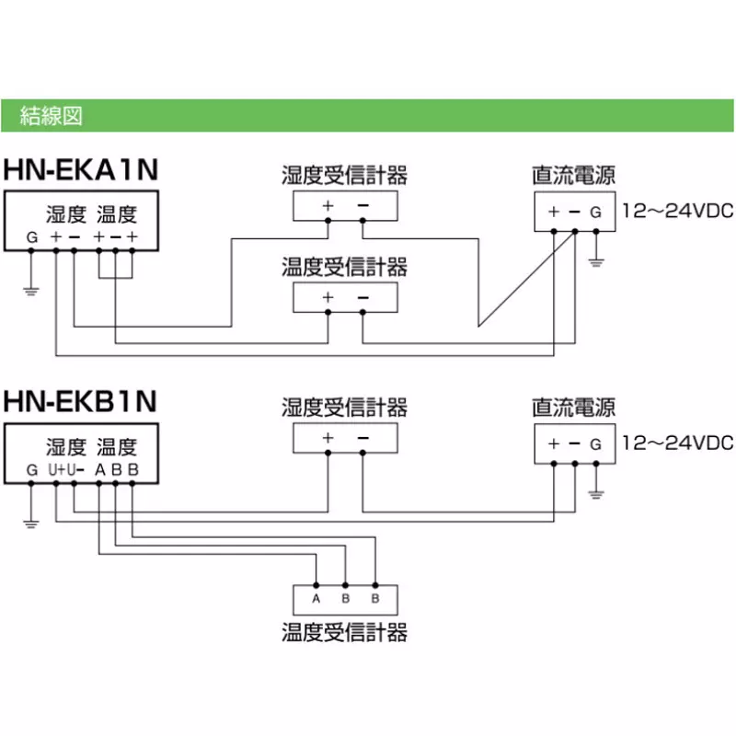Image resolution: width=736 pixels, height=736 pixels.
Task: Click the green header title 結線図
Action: pyautogui.click(x=52, y=116)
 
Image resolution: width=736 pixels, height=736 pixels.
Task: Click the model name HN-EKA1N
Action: pyautogui.click(x=81, y=169)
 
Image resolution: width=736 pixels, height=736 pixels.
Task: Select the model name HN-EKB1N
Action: pyautogui.click(x=80, y=401)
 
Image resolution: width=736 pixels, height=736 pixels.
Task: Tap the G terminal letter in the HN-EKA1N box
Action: pyautogui.click(x=32, y=237)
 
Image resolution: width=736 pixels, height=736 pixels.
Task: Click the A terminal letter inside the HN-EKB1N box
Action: pyautogui.click(x=100, y=469)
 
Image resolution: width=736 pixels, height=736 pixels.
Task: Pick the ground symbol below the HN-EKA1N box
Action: pyautogui.click(x=31, y=291)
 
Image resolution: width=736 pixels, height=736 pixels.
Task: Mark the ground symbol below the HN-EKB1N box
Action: pyautogui.click(x=31, y=523)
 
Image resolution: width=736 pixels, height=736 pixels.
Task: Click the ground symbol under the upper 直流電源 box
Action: pyautogui.click(x=596, y=262)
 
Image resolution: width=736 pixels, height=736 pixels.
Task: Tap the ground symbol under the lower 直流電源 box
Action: pyautogui.click(x=596, y=494)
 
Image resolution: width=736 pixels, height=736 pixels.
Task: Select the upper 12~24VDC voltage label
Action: pyautogui.click(x=678, y=211)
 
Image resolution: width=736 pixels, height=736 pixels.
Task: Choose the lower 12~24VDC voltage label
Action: pyautogui.click(x=678, y=443)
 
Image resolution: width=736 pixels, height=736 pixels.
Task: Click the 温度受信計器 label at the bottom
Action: pyautogui.click(x=344, y=632)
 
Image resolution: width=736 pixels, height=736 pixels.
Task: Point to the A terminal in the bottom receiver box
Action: pyautogui.click(x=316, y=599)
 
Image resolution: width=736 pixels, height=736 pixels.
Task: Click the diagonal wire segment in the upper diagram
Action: pyautogui.click(x=526, y=279)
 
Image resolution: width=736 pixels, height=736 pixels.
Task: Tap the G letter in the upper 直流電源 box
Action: pyautogui.click(x=595, y=213)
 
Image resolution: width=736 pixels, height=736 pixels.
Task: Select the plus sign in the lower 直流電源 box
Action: pyautogui.click(x=554, y=443)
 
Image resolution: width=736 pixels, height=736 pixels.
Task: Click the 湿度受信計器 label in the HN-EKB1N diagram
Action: pyautogui.click(x=344, y=407)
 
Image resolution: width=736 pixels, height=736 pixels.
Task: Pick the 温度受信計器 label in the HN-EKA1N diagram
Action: pyautogui.click(x=344, y=267)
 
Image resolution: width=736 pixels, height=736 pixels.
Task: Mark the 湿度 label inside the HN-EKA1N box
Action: pyautogui.click(x=66, y=214)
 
